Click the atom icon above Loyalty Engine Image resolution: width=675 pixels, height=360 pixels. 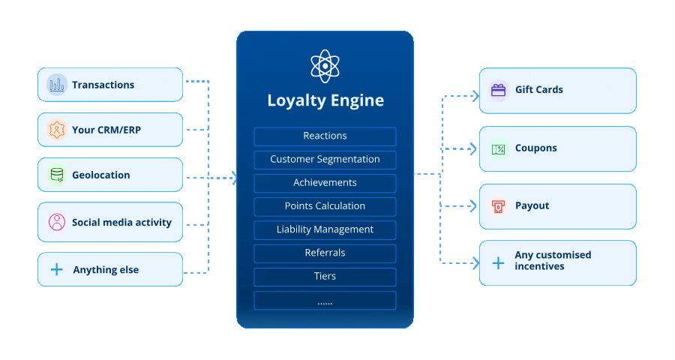[325, 66]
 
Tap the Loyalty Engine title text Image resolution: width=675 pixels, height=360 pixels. [325, 100]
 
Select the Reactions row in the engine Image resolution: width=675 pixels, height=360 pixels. [325, 136]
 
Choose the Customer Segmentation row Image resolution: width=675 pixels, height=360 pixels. [325, 160]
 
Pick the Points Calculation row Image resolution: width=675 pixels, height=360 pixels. [325, 206]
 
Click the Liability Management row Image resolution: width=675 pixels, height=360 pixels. [325, 229]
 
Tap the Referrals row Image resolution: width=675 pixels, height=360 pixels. [325, 253]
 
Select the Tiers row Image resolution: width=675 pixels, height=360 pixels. [325, 277]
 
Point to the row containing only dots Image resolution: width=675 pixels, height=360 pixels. [325, 301]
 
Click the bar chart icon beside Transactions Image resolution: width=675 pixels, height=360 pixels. [56, 85]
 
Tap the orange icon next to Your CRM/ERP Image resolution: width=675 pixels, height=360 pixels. [56, 130]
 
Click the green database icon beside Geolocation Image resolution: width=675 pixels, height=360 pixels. [56, 175]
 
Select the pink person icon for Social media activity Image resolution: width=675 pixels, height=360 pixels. [56, 222]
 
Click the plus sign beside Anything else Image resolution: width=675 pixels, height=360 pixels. [56, 269]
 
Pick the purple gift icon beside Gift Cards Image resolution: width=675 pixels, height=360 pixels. [498, 90]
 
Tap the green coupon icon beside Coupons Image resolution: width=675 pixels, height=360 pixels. [498, 148]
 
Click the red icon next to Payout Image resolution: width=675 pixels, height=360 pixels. [498, 205]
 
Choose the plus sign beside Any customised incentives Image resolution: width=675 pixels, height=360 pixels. [498, 262]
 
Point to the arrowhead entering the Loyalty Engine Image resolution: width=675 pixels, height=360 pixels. [234, 178]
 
